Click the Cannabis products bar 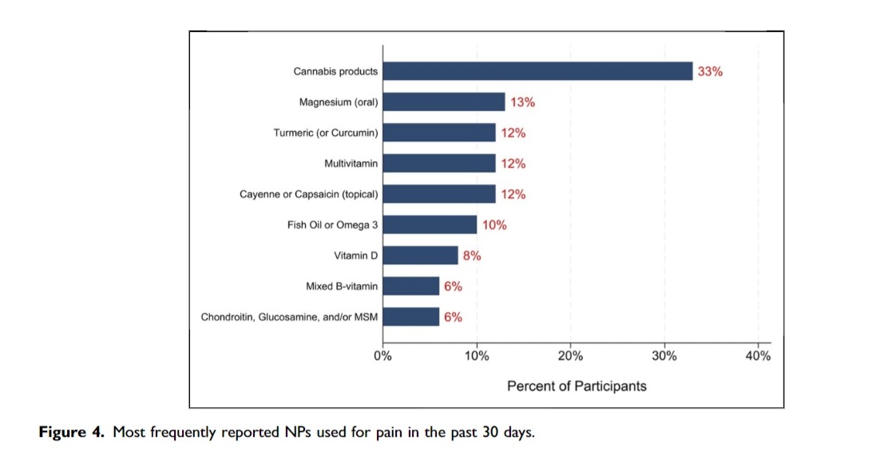(x=537, y=71)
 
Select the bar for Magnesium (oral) (x=444, y=102)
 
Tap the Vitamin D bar (x=420, y=256)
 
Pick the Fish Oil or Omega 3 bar (x=430, y=225)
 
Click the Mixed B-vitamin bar (x=411, y=286)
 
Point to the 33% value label (x=710, y=71)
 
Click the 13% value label (x=522, y=102)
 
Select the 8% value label (x=472, y=256)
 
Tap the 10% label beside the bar (x=494, y=225)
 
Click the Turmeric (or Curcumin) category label (x=326, y=133)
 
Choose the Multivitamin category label (x=351, y=164)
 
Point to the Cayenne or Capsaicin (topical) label (x=309, y=194)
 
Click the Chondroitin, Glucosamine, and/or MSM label (x=289, y=317)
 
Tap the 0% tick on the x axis (x=383, y=356)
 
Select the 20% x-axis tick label (x=570, y=356)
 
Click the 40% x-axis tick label (x=758, y=356)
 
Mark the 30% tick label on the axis (x=664, y=356)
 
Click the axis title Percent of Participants (x=577, y=386)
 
